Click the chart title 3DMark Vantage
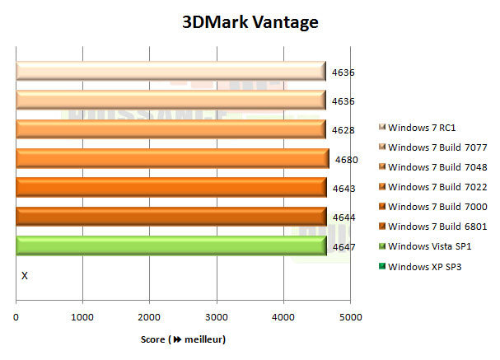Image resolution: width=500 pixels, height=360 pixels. click(x=250, y=22)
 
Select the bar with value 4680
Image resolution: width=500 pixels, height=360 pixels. click(x=172, y=159)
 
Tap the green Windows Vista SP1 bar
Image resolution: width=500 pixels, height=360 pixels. click(x=171, y=245)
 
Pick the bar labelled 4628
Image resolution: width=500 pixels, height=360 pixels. click(x=171, y=129)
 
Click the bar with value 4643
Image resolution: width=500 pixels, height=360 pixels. click(x=171, y=188)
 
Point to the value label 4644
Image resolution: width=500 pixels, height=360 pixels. click(x=343, y=217)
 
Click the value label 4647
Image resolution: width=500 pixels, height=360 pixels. click(x=343, y=246)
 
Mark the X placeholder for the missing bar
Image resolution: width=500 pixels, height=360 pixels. click(x=24, y=275)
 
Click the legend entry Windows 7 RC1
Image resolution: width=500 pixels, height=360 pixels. click(x=422, y=128)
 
